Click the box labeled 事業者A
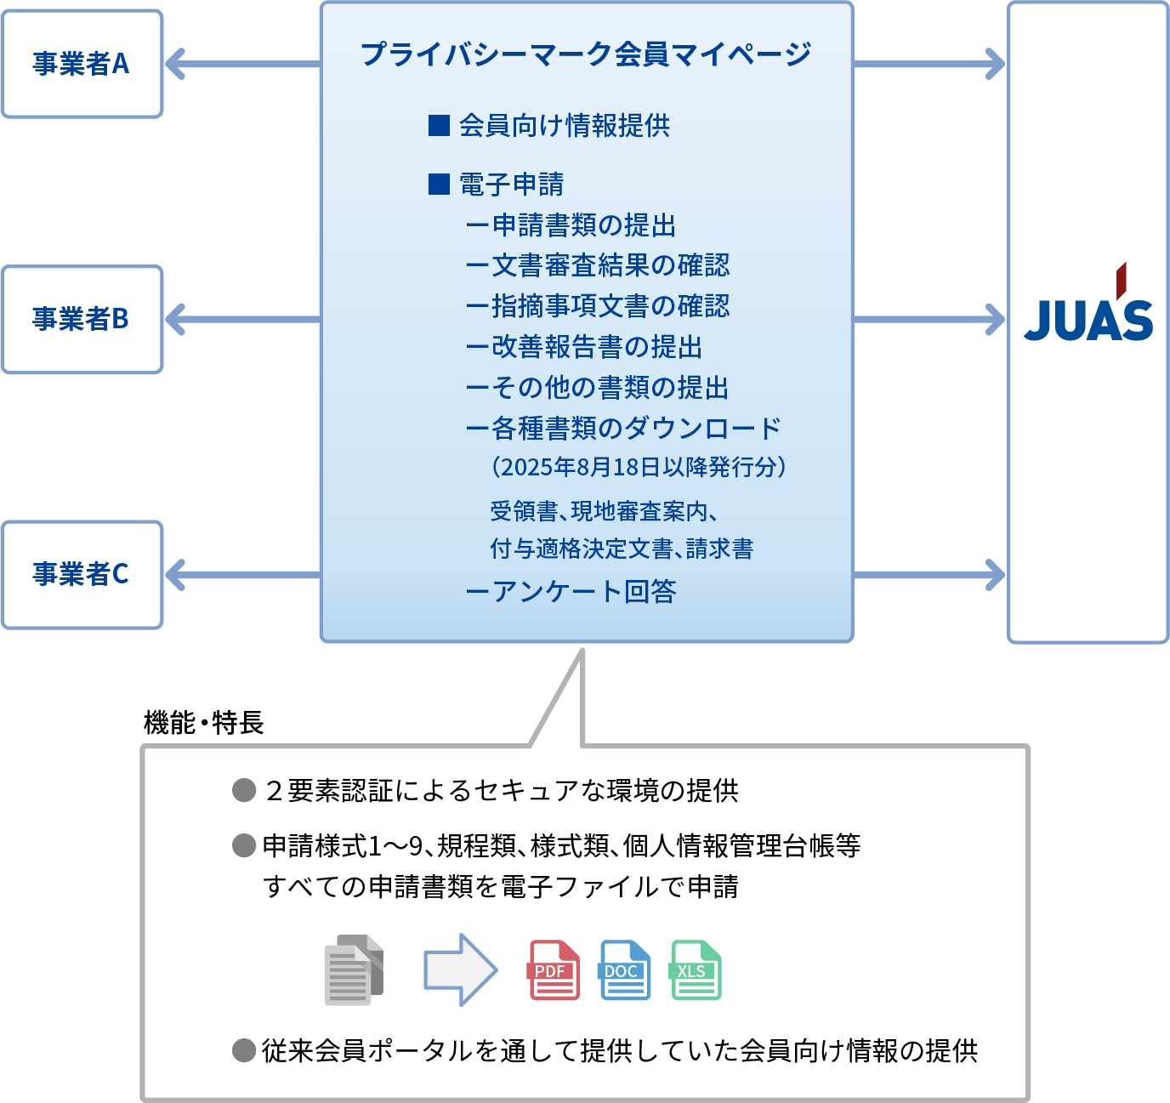[82, 64]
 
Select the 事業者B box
[82, 320]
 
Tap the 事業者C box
[82, 575]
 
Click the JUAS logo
[1088, 302]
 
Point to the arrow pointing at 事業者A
[242, 64]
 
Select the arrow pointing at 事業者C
[242, 575]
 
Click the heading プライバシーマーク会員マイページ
[586, 54]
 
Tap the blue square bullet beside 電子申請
[439, 184]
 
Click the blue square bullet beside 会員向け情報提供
[439, 126]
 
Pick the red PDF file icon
[554, 970]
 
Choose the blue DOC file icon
[624, 970]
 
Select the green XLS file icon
[696, 970]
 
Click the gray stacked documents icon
[354, 969]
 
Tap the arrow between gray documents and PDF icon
[461, 969]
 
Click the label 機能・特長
[203, 722]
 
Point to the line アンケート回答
[571, 592]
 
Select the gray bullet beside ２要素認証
[244, 790]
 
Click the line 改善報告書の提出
[584, 346]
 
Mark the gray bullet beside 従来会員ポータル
[244, 1050]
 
